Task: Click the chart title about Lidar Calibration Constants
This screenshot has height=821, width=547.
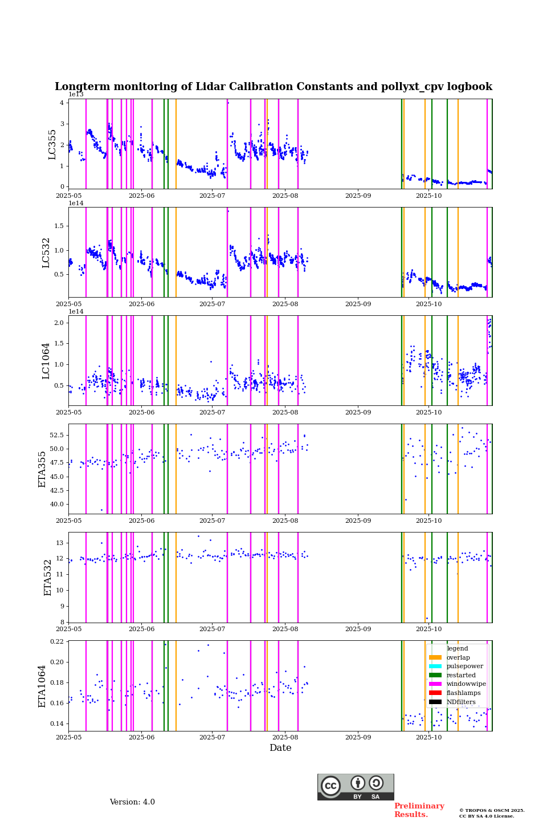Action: [273, 87]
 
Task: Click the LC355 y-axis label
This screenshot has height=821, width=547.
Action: [52, 144]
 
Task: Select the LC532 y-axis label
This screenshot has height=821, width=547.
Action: [46, 253]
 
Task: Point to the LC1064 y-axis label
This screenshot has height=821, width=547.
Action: [46, 361]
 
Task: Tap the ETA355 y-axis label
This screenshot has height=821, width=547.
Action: [42, 469]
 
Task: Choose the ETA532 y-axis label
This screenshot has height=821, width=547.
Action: [48, 578]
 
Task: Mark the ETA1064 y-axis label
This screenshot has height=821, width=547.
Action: [42, 686]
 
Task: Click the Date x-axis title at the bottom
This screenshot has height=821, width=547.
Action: [280, 748]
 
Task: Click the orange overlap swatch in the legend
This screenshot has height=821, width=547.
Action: [435, 657]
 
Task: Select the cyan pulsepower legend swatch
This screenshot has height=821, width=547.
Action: [435, 666]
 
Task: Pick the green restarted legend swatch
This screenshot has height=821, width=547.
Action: [435, 675]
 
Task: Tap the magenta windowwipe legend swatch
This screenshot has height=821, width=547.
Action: [435, 684]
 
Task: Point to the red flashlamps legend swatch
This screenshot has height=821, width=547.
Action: [435, 693]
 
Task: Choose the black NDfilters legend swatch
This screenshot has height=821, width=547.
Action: [435, 702]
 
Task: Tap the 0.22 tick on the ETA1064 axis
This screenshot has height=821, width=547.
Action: [56, 641]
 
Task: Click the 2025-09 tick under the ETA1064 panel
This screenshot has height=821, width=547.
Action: [358, 738]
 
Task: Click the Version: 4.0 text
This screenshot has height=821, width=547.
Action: [132, 802]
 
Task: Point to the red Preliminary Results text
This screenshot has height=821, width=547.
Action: [419, 810]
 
